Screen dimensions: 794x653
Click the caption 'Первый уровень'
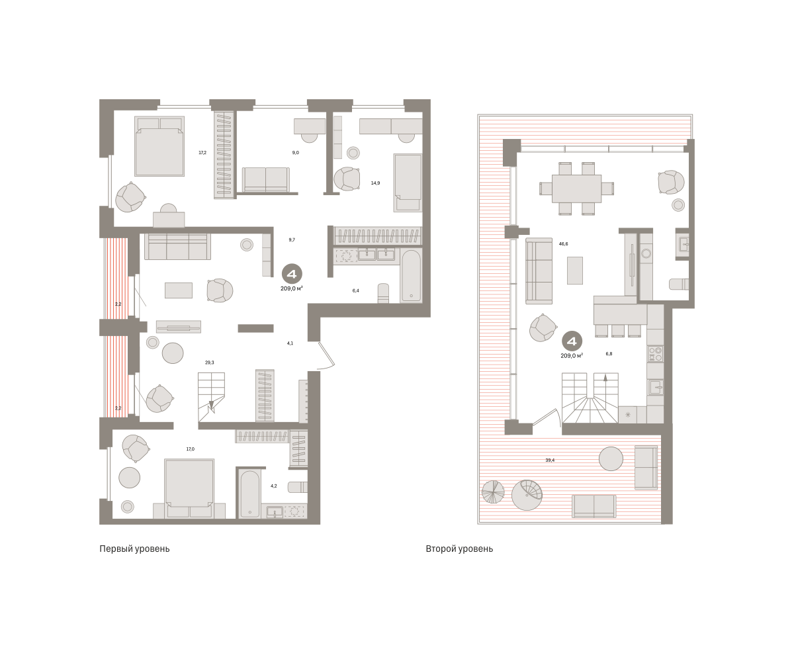click(134, 548)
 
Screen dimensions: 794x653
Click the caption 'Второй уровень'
click(459, 548)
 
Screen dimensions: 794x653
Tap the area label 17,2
click(202, 152)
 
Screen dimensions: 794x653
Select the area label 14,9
click(375, 183)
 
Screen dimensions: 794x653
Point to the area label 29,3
click(209, 363)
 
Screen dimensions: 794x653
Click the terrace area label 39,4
click(550, 460)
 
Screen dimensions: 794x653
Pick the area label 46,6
click(563, 244)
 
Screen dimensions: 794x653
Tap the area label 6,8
click(609, 354)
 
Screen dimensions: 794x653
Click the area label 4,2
click(274, 486)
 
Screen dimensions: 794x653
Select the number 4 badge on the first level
click(292, 274)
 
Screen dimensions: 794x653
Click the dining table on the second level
click(576, 189)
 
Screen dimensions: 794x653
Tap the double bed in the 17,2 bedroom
click(159, 146)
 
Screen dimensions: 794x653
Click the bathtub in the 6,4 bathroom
click(411, 276)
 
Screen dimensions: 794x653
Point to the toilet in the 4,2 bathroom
click(298, 487)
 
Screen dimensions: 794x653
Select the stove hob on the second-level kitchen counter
click(656, 354)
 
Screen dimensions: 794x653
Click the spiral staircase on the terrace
click(527, 495)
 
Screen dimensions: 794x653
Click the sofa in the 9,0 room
click(266, 180)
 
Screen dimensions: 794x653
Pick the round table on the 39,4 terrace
click(611, 458)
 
